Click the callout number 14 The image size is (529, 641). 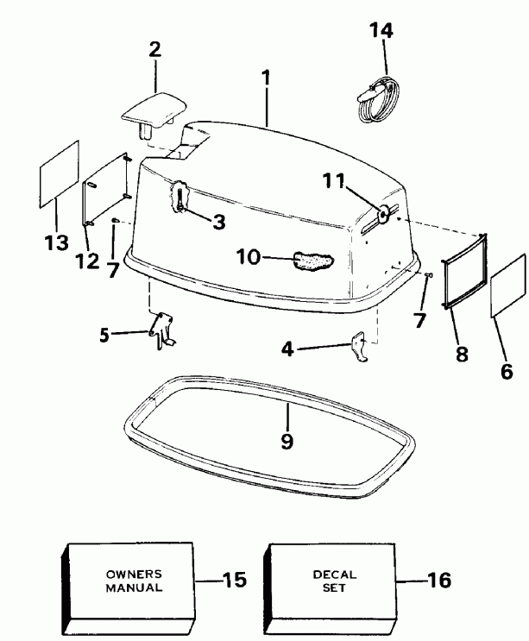380,31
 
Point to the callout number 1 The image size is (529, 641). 267,77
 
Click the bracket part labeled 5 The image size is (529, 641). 161,330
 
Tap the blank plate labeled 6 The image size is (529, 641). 507,286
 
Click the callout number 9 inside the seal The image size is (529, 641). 287,441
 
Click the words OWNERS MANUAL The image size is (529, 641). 133,581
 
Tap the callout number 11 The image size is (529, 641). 334,181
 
